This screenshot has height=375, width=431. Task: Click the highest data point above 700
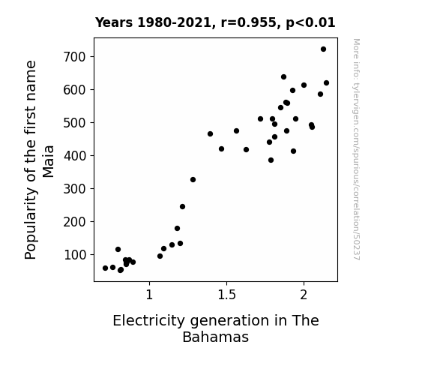pos(323,49)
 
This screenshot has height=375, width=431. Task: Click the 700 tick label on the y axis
pos(74,57)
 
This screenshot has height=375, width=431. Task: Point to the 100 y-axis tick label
pos(74,255)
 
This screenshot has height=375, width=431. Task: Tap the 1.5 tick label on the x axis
pos(227,295)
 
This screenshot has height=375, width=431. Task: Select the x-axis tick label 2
pos(304,295)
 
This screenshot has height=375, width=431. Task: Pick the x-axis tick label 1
pos(149,295)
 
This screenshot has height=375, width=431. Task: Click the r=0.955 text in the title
pos(249,22)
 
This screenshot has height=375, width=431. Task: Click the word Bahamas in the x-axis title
pos(216,337)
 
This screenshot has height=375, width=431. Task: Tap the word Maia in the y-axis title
pos(49,161)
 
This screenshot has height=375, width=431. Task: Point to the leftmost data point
pos(105,268)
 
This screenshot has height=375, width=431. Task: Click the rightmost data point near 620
pos(326,82)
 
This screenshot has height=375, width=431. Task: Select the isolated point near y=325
pos(193,180)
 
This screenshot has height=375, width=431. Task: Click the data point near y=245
pos(182,206)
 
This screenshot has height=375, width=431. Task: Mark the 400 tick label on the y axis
pos(74,156)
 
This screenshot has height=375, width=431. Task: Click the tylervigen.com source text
pos(357,149)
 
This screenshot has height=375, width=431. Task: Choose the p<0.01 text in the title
pos(310,22)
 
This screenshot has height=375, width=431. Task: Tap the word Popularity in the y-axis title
pos(31,223)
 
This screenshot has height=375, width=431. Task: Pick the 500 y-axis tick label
pos(74,123)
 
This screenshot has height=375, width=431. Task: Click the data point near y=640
pos(283,77)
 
